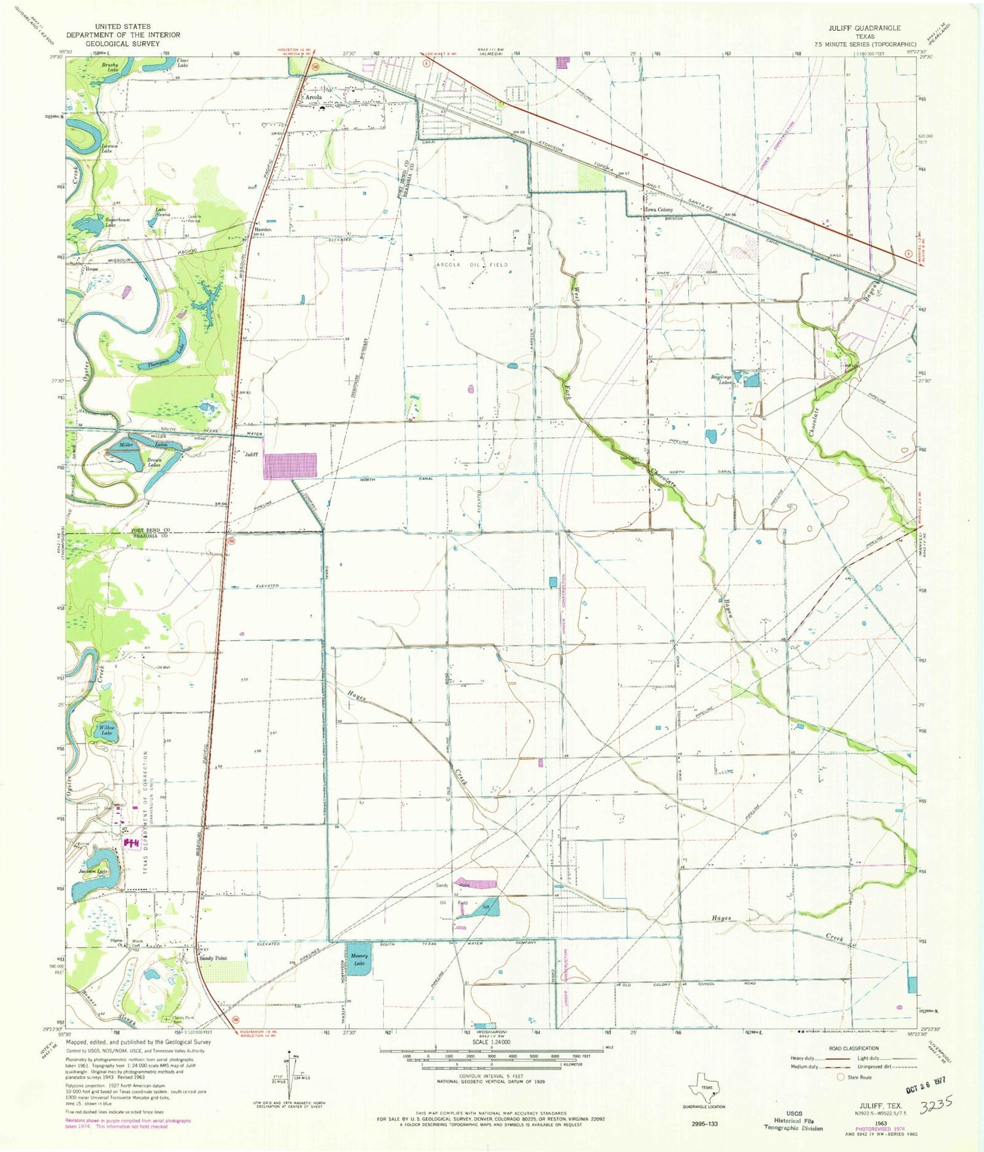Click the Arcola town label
click(313, 97)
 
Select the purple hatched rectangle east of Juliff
click(290, 466)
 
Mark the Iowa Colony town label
click(658, 210)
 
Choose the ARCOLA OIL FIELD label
click(472, 264)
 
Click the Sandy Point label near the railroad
click(213, 958)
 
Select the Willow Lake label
click(107, 731)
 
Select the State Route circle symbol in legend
click(840, 1077)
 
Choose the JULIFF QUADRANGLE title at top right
click(873, 28)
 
